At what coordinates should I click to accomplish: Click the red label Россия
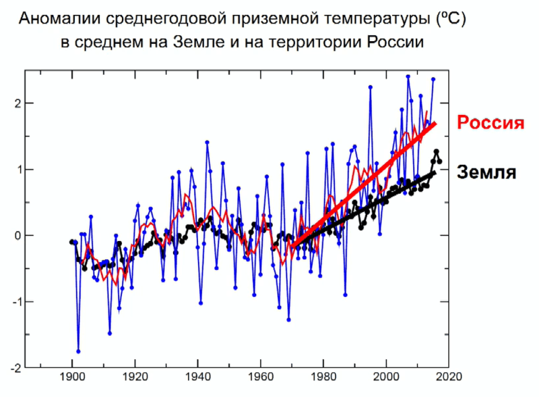[x=490, y=123]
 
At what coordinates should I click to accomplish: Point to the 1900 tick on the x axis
[x=72, y=379]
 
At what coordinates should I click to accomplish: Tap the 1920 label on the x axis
[x=135, y=379]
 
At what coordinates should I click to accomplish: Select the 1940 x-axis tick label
[x=198, y=379]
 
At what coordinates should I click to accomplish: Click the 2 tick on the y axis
[x=11, y=103]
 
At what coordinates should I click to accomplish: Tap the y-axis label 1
[x=11, y=169]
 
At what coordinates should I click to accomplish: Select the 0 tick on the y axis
[x=11, y=236]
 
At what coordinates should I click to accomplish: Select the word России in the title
[x=394, y=43]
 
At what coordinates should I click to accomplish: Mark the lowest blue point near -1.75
[x=78, y=351]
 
